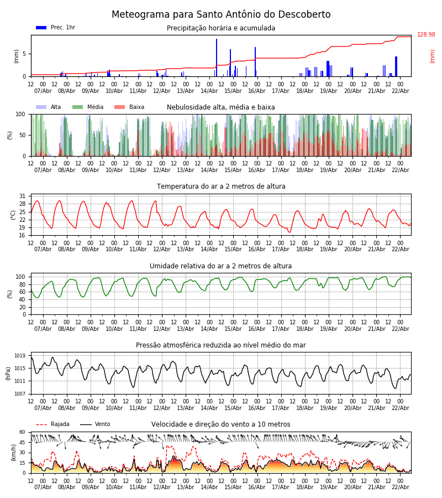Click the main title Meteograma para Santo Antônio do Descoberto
221,15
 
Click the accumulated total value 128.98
426,35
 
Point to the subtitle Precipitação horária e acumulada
221,28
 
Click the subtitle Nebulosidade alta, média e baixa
221,107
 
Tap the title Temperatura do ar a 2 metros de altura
221,186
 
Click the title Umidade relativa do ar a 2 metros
221,266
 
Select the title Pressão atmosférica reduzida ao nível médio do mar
221,345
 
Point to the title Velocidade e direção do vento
221,424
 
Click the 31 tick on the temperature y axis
22,196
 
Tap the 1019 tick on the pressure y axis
20,356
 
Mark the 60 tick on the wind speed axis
22,432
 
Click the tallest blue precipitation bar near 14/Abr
217,55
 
